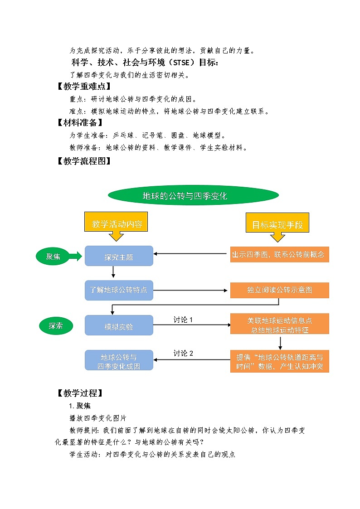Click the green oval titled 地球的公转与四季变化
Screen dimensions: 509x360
pyautogui.click(x=193, y=196)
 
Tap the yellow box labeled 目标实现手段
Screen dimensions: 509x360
pyautogui.click(x=277, y=224)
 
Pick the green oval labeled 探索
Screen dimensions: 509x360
pyautogui.click(x=55, y=325)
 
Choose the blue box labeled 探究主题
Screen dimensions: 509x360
pyautogui.click(x=119, y=256)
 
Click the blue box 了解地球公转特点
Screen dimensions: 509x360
pyautogui.click(x=119, y=290)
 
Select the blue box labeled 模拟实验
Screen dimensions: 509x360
pyautogui.click(x=119, y=325)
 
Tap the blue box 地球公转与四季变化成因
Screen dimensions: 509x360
pyautogui.click(x=119, y=361)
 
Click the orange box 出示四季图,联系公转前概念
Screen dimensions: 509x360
pyautogui.click(x=279, y=254)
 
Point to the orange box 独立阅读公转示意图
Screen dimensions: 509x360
pyautogui.click(x=279, y=290)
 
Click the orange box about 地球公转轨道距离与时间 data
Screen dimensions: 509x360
pyautogui.click(x=279, y=361)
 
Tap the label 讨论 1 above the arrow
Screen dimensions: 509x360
pyautogui.click(x=183, y=320)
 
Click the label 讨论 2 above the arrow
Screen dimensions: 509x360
pyautogui.click(x=183, y=354)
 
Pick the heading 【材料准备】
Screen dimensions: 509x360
pyautogui.click(x=79, y=122)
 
